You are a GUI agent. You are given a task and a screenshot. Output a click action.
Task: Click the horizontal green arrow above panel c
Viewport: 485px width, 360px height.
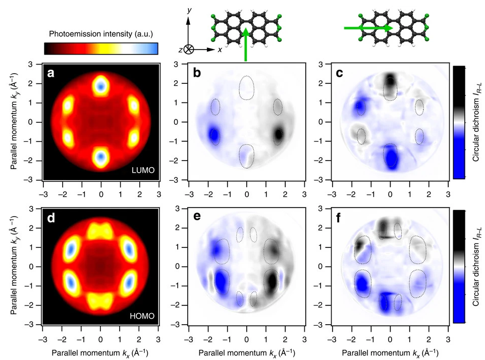click(367, 28)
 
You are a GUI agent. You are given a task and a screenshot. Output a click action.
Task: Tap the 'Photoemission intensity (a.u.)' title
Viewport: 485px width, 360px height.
click(101, 34)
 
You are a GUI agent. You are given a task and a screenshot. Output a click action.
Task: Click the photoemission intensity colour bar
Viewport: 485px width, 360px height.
click(101, 48)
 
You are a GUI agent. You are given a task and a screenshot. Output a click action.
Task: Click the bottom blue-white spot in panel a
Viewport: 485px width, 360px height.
click(101, 157)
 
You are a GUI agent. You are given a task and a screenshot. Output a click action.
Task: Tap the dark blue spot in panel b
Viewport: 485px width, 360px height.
click(214, 135)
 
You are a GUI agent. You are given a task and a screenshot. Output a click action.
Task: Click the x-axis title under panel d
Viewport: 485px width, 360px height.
click(101, 350)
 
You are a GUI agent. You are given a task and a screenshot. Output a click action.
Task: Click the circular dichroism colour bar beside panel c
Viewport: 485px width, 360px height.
click(459, 122)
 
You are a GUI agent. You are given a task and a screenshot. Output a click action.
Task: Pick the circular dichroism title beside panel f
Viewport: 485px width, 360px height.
click(476, 267)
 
